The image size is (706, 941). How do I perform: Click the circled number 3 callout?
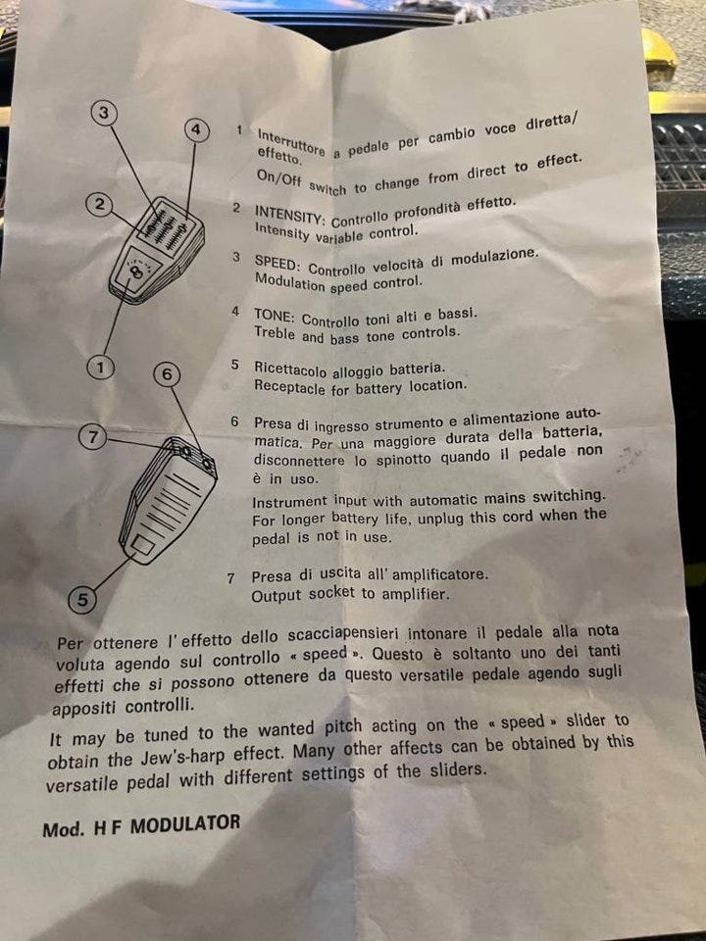[x=104, y=113]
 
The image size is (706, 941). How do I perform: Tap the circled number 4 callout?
[x=196, y=129]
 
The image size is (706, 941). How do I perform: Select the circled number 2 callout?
[x=99, y=205]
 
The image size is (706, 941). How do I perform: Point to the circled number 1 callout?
[x=100, y=367]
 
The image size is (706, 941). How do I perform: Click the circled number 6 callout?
[x=167, y=373]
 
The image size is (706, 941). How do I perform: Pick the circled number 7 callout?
[x=92, y=436]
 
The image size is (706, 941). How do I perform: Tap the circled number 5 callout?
[x=81, y=600]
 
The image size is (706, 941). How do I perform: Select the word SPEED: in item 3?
[x=277, y=263]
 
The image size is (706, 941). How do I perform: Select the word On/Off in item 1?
[x=279, y=178]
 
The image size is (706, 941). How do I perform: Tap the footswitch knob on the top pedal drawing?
[x=137, y=272]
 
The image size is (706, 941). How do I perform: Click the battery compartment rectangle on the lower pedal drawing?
[x=143, y=546]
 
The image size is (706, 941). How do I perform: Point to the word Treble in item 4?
[x=275, y=333]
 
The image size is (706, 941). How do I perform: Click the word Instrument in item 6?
[x=290, y=502]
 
